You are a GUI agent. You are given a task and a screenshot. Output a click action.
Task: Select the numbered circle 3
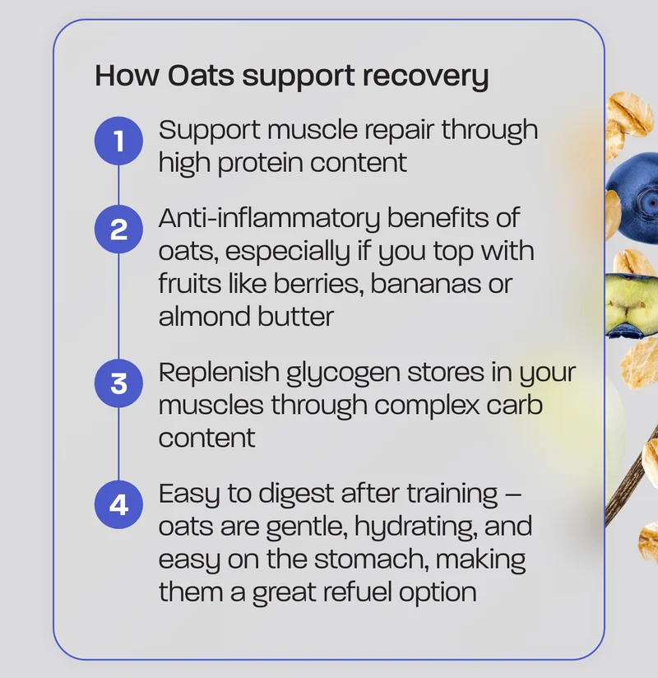119,383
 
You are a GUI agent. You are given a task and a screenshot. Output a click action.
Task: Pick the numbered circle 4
119,504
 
